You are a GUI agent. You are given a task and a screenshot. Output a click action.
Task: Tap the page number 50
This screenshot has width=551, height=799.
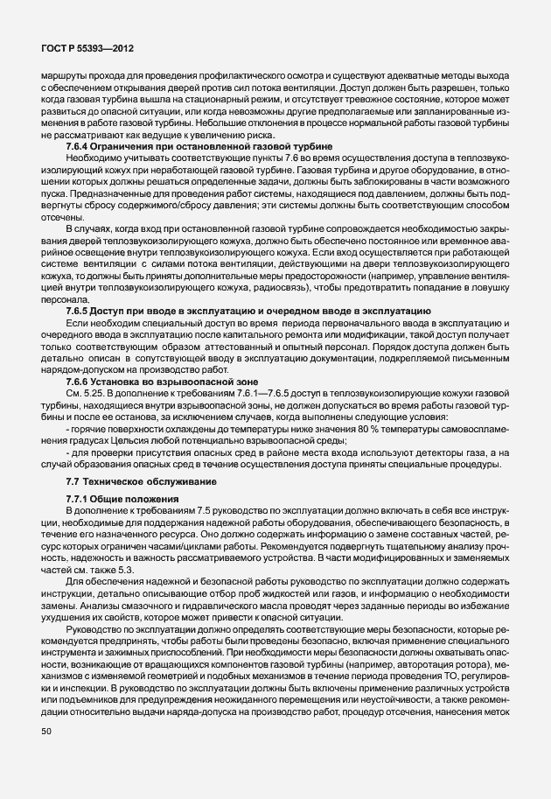[47, 753]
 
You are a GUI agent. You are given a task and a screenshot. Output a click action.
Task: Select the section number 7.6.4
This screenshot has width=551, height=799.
[81, 145]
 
